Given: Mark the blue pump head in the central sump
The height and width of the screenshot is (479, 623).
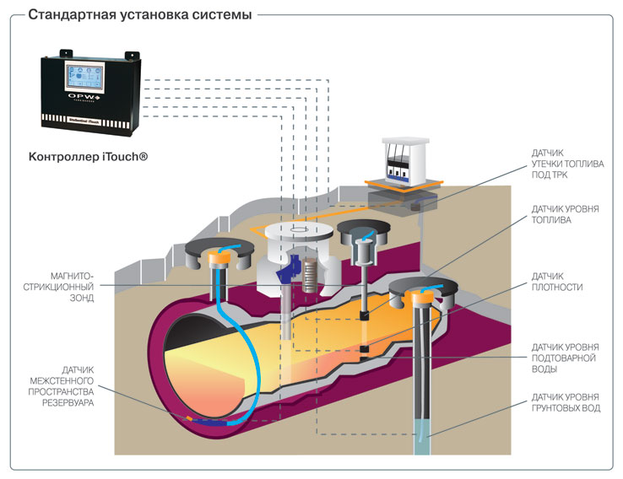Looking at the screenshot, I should click(x=282, y=267).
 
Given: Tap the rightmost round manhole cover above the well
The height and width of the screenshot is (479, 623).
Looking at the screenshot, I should click(x=427, y=292).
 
